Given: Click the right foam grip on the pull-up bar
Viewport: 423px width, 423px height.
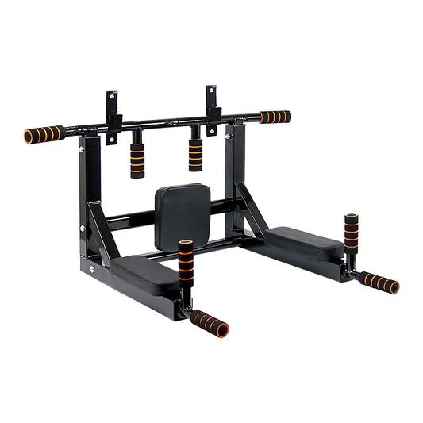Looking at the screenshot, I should pos(275,116).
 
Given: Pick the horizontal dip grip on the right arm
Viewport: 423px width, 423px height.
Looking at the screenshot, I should pos(380,280).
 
